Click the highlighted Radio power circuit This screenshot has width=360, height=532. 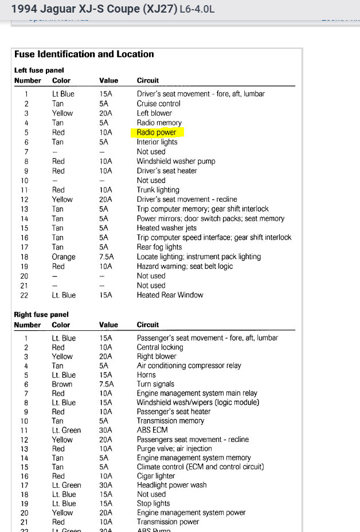pyautogui.click(x=156, y=132)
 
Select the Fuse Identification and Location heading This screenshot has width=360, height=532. pyautogui.click(x=84, y=54)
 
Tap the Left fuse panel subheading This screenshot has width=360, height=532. pyautogui.click(x=39, y=71)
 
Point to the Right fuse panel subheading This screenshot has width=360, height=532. pyautogui.click(x=41, y=315)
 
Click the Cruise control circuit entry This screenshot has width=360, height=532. pyautogui.click(x=158, y=104)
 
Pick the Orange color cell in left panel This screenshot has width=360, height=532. pyautogui.click(x=64, y=257)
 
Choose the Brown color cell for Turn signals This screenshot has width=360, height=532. pyautogui.click(x=62, y=384)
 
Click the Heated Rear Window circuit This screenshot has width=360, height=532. pyautogui.click(x=170, y=295)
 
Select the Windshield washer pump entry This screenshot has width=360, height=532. pyautogui.click(x=176, y=161)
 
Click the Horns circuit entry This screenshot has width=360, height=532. pyautogui.click(x=147, y=375)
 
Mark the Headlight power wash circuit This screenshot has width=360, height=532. pyautogui.click(x=171, y=485)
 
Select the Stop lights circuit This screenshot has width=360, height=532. pyautogui.click(x=153, y=503)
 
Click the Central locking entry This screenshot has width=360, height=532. pyautogui.click(x=160, y=347)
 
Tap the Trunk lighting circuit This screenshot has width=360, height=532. pyautogui.click(x=158, y=190)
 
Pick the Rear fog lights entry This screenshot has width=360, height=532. pyautogui.click(x=159, y=247)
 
